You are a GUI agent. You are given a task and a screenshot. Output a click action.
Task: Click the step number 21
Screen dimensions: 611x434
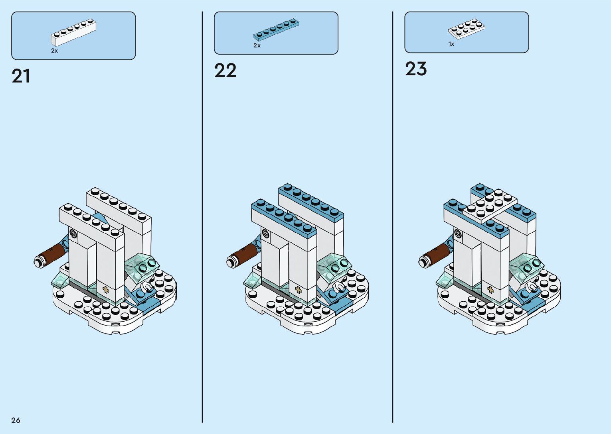pos(21,76)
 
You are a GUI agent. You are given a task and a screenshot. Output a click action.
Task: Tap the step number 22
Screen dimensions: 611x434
pos(225,71)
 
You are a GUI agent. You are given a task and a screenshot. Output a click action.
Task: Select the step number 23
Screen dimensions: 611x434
pos(416,69)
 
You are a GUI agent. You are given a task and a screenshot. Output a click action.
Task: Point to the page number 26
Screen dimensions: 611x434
pos(16,420)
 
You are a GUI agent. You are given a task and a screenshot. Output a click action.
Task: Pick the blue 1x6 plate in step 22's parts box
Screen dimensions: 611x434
pos(276,30)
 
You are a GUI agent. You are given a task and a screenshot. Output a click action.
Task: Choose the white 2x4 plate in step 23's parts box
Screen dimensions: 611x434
pos(466,29)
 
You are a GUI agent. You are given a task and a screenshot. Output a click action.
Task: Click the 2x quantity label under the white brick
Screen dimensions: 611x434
pos(55,51)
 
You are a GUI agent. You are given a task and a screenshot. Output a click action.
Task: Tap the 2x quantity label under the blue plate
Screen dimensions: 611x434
pos(257,46)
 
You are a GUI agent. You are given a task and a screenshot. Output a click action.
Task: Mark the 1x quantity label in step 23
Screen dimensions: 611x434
pos(451,44)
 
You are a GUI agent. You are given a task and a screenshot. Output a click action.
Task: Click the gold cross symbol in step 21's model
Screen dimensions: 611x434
pos(106,290)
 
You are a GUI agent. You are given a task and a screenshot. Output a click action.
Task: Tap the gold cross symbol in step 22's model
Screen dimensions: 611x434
pos(298,290)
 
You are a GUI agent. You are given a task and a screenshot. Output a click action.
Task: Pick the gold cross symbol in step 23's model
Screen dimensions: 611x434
pos(490,290)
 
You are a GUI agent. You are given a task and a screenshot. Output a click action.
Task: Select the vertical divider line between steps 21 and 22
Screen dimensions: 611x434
pos(202,217)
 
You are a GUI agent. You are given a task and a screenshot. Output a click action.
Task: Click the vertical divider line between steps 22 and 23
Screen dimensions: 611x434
pos(393,217)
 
